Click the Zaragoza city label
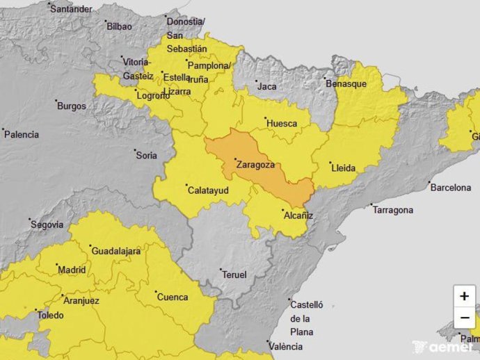pyautogui.click(x=255, y=165)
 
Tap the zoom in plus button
pyautogui.click(x=464, y=295)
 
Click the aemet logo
pyautogui.click(x=444, y=346)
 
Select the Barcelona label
pyautogui.click(x=450, y=188)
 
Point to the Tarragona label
pyautogui.click(x=392, y=210)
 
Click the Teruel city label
pyautogui.click(x=234, y=275)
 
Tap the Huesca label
pyautogui.click(x=282, y=124)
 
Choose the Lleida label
pyautogui.click(x=344, y=168)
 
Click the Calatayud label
pyautogui.click(x=208, y=190)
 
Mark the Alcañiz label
pyautogui.click(x=298, y=215)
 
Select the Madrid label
pyautogui.click(x=72, y=270)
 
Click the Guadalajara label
pyautogui.click(x=117, y=250)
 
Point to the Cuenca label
pyautogui.click(x=173, y=297)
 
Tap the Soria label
pyautogui.click(x=146, y=156)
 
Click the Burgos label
pyautogui.click(x=72, y=106)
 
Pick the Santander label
pyautogui.click(x=72, y=9)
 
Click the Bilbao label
pyautogui.click(x=119, y=26)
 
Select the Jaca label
pyautogui.click(x=266, y=87)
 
